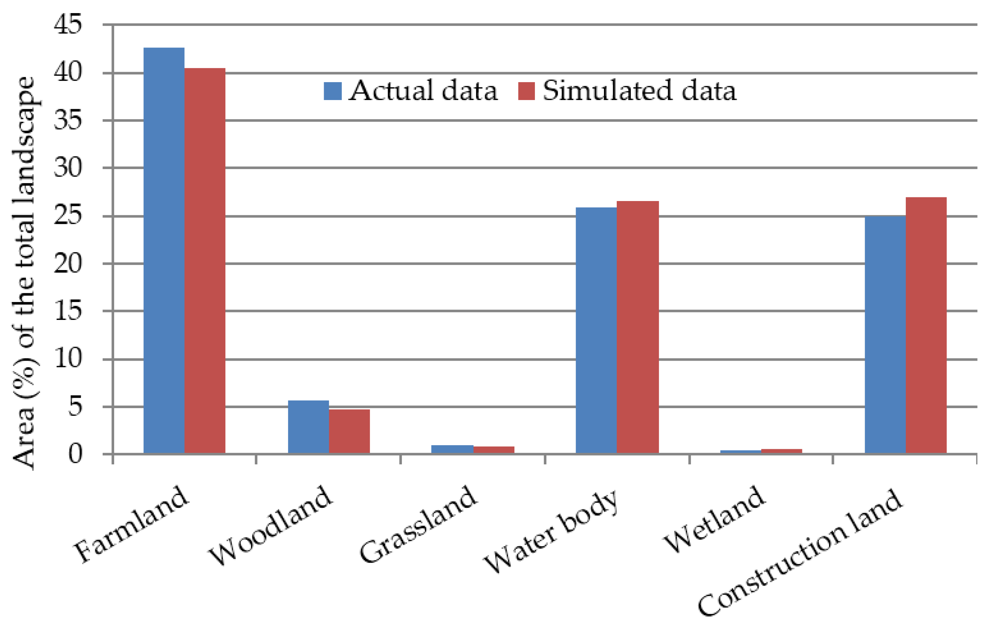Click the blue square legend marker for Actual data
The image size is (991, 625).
(x=332, y=91)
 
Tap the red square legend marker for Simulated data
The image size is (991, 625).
(x=526, y=91)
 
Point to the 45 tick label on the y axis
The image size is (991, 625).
(x=68, y=25)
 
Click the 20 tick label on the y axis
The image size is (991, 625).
(x=68, y=263)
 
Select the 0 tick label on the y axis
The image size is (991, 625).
(x=75, y=454)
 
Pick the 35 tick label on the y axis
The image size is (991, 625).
(x=68, y=121)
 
